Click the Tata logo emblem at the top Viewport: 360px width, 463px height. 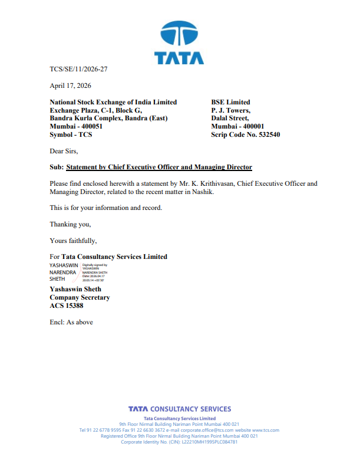[180, 34]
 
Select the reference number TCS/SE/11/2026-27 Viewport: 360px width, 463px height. [78, 69]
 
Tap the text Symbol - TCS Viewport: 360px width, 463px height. [71, 134]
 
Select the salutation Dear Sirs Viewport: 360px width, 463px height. [64, 151]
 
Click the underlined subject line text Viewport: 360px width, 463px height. [159, 168]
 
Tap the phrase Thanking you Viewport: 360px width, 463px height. [70, 224]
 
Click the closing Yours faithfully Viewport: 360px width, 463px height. [73, 241]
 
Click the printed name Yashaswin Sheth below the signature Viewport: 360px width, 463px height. [75, 289]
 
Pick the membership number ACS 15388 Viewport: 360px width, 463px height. [67, 306]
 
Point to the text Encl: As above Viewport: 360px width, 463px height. [71, 322]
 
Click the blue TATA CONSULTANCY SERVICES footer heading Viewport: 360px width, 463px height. [180, 409]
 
